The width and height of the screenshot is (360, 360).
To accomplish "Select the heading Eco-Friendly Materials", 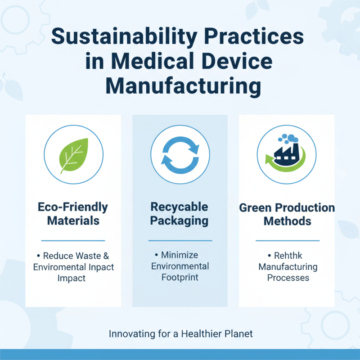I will click(x=73, y=214).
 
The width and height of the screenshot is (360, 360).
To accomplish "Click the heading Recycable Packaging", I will click(x=180, y=214).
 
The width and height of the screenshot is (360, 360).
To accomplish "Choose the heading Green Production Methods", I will click(x=287, y=214).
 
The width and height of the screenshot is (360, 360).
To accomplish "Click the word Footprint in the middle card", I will click(x=180, y=277).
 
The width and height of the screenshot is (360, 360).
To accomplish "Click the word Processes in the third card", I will click(x=288, y=278).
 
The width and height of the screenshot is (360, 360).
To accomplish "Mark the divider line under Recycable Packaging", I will click(x=180, y=240).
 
